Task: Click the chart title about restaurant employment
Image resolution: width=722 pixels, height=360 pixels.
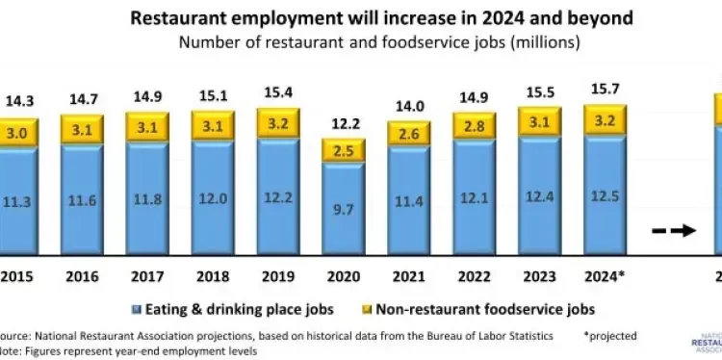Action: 360,18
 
